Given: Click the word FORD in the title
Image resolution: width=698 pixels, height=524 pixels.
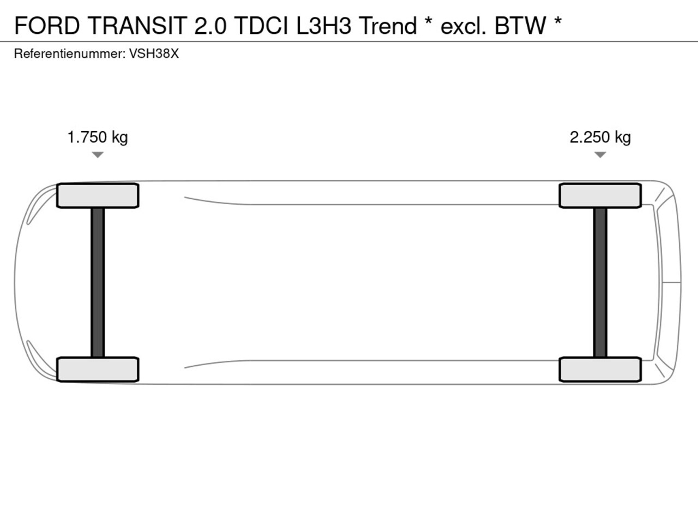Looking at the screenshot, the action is [x=47, y=26].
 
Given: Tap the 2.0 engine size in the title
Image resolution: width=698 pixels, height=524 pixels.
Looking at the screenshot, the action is [x=210, y=26].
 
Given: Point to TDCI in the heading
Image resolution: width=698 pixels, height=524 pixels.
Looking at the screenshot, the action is [x=261, y=26].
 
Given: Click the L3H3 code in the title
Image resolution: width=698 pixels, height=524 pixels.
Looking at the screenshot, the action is [x=324, y=26].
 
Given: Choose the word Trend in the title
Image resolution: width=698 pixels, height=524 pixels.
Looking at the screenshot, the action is [x=388, y=26].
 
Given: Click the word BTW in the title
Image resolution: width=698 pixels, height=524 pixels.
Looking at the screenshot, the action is [x=520, y=26].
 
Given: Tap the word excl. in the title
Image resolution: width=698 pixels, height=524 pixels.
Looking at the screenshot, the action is [x=464, y=26].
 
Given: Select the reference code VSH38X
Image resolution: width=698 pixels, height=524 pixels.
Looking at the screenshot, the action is [x=154, y=54].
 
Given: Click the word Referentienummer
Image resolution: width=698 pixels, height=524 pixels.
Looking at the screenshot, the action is [x=70, y=54].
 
